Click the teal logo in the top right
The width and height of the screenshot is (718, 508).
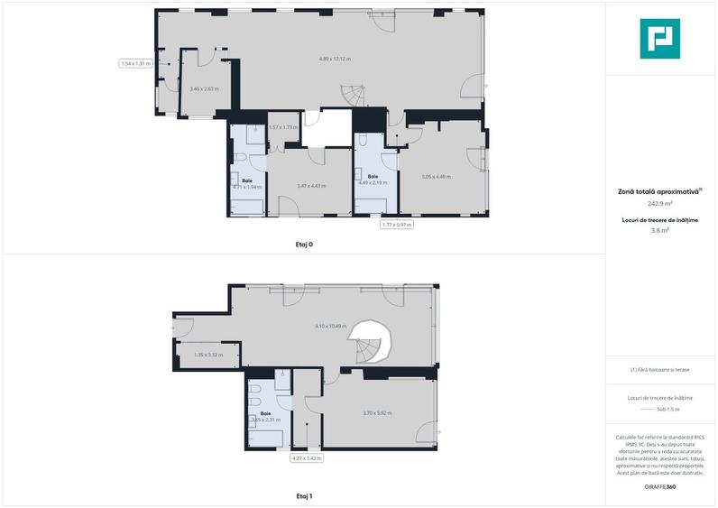[659, 39]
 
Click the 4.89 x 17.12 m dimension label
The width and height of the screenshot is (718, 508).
[335, 59]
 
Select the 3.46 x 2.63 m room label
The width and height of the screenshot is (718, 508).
[205, 88]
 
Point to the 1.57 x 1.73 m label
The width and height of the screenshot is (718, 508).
[283, 127]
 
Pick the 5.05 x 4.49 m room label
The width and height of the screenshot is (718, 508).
[436, 176]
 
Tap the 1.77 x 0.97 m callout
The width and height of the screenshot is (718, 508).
[397, 225]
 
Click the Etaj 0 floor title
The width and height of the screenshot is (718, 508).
[304, 245]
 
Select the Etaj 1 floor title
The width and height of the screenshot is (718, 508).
[304, 495]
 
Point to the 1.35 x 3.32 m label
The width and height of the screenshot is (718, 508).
[208, 355]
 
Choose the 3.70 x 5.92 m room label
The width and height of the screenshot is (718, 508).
[377, 413]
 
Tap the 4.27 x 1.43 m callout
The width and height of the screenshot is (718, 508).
[307, 458]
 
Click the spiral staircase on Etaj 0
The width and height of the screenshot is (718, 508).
[352, 93]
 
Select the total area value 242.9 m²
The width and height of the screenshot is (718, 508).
[659, 203]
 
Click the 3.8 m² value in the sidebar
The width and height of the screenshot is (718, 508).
[659, 231]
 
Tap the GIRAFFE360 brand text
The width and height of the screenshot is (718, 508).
[659, 487]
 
